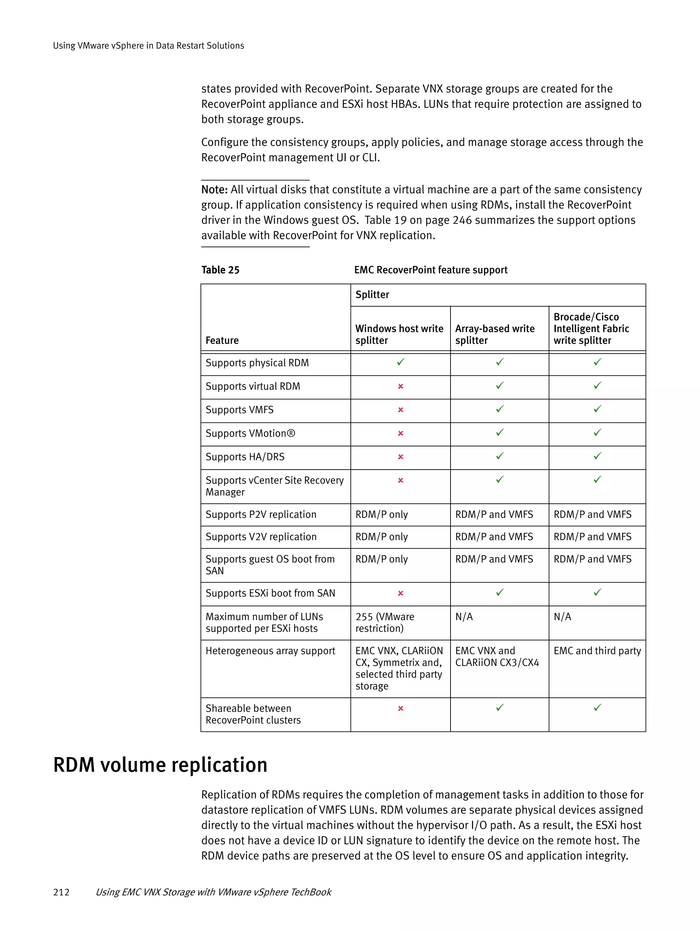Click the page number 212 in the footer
(x=61, y=892)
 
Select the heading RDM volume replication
(x=160, y=765)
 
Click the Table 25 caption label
(x=220, y=270)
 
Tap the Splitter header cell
(x=372, y=295)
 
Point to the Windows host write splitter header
(x=399, y=334)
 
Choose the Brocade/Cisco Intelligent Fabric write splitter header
(x=591, y=328)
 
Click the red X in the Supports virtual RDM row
(x=400, y=386)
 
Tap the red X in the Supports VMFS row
(x=400, y=410)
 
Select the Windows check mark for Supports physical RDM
(x=400, y=362)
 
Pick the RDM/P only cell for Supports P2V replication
(x=381, y=514)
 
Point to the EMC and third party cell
(x=597, y=651)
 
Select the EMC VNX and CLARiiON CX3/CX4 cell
(x=497, y=656)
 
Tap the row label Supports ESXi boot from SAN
(x=270, y=593)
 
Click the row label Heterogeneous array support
(x=270, y=651)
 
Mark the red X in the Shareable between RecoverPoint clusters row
(x=400, y=708)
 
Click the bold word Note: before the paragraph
(x=214, y=190)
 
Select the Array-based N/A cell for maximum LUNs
(x=464, y=616)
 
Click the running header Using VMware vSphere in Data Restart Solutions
(x=148, y=45)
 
